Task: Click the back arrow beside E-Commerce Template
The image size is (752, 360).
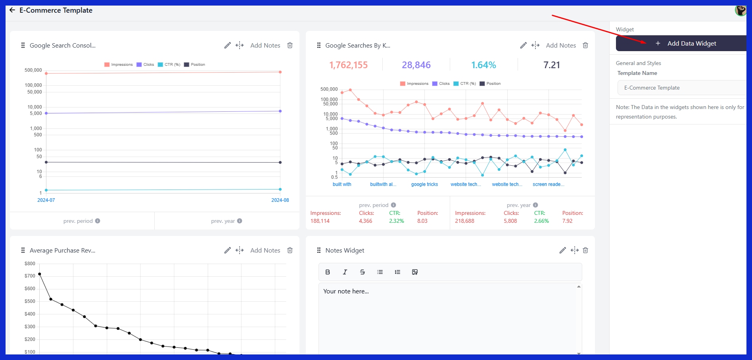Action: pos(12,10)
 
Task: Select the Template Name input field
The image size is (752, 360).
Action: pos(682,88)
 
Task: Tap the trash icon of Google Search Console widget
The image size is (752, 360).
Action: pos(290,45)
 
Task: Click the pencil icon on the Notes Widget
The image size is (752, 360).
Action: pos(562,250)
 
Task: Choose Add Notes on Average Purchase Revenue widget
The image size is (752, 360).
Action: pos(265,250)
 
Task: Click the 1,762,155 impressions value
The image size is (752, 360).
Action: pos(348,65)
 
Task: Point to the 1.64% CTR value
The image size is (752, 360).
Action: pos(483,65)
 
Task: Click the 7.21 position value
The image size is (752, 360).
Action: pos(551,65)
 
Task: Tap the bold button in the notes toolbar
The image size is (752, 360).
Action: pos(328,272)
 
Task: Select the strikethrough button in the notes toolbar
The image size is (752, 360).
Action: pos(362,272)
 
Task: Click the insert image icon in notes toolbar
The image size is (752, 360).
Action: pos(415,272)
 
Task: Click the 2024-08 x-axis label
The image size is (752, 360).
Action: pos(280,200)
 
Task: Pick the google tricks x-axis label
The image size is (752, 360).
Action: pos(424,184)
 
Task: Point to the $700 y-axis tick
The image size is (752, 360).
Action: pos(30,276)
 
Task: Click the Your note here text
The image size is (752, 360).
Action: pos(346,291)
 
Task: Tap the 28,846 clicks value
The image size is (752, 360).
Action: pos(416,65)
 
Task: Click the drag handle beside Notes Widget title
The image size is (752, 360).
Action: pos(319,250)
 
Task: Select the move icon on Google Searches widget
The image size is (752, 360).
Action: pos(535,45)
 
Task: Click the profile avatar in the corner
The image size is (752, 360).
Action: pos(740,10)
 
